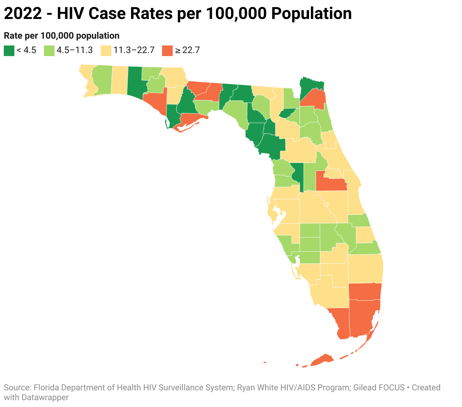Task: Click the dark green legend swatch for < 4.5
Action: (x=9, y=50)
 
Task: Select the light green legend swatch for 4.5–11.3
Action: (x=49, y=50)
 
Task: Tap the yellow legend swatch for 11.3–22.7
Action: (x=106, y=50)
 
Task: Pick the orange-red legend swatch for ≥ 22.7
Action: (x=167, y=50)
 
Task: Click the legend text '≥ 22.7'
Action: (x=187, y=50)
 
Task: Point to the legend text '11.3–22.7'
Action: (x=134, y=50)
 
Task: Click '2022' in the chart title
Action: (x=23, y=14)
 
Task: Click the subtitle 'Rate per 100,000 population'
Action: (x=62, y=36)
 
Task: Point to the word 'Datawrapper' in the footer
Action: (x=45, y=398)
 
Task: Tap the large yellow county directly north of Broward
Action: (x=365, y=268)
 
